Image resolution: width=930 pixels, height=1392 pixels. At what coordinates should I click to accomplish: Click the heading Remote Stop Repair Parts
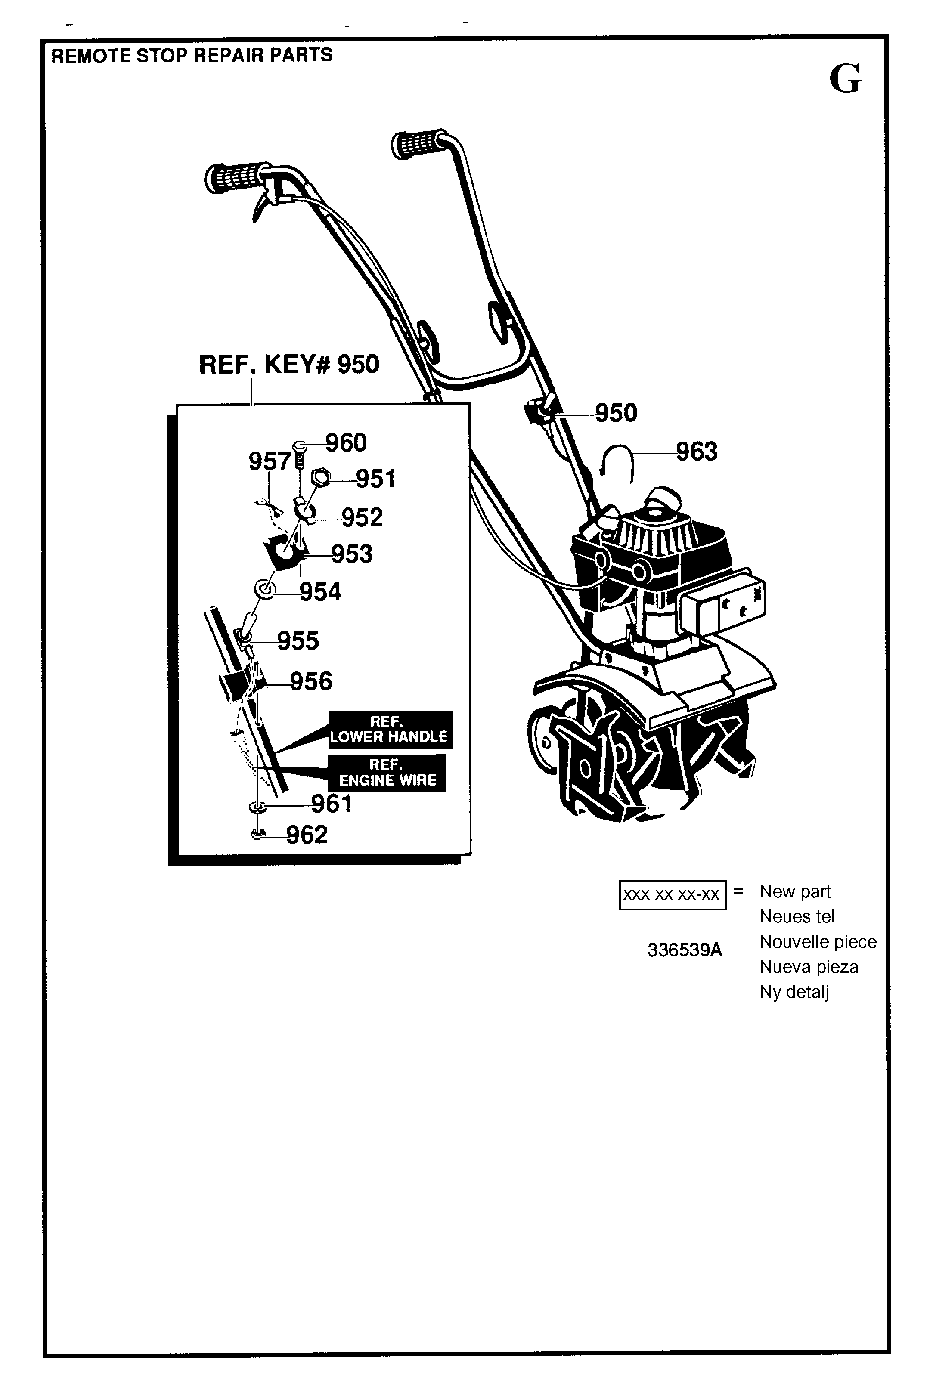[x=192, y=55]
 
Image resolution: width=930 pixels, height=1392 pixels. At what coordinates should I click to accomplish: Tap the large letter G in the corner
[x=845, y=78]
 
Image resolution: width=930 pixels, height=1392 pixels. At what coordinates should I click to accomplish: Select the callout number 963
[x=697, y=452]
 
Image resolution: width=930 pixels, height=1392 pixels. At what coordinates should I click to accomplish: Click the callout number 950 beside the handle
[x=616, y=413]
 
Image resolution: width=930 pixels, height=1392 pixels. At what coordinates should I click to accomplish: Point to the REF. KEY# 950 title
[x=289, y=364]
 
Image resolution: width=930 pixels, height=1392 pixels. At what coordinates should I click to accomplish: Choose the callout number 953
[x=352, y=554]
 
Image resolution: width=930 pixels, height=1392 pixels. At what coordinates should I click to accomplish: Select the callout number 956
[x=311, y=681]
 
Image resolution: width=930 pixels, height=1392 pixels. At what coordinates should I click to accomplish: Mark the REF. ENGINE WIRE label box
[x=387, y=773]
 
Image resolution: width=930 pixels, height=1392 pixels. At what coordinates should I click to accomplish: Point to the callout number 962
[x=307, y=835]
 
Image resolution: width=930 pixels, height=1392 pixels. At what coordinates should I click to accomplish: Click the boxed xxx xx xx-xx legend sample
[x=673, y=894]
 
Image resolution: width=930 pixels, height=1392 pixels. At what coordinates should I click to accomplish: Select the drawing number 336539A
[x=685, y=950]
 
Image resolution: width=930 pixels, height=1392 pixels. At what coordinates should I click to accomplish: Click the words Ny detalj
[x=794, y=992]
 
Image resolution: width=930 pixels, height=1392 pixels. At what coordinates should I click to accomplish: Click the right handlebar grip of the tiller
[x=419, y=142]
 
